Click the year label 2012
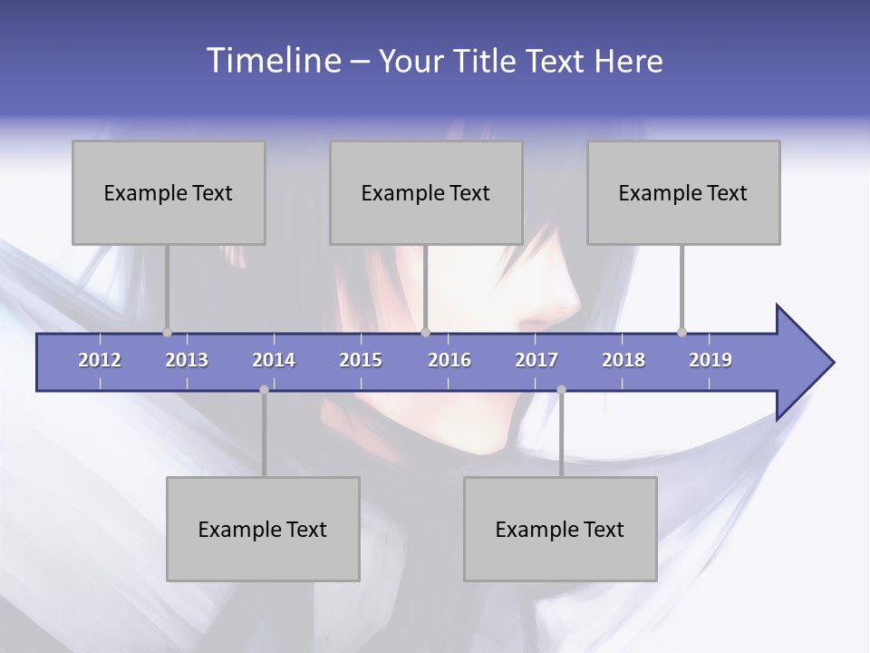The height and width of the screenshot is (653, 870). pyautogui.click(x=100, y=360)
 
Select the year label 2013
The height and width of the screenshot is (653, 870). pyautogui.click(x=187, y=360)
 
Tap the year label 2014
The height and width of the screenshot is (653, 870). pyautogui.click(x=274, y=360)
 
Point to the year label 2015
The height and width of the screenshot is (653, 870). pyautogui.click(x=361, y=360)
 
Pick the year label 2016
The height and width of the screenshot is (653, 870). pyautogui.click(x=449, y=360)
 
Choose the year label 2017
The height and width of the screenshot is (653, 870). pyautogui.click(x=536, y=360)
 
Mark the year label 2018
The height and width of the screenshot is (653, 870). pyautogui.click(x=623, y=360)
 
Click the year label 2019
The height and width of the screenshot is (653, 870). pyautogui.click(x=710, y=360)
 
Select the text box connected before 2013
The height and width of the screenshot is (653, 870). pyautogui.click(x=169, y=192)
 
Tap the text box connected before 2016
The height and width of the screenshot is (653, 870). pyautogui.click(x=426, y=192)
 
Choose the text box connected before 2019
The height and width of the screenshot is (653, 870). pyautogui.click(x=683, y=192)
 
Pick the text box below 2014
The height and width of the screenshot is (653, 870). pyautogui.click(x=263, y=529)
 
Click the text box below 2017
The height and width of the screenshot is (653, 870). pyautogui.click(x=560, y=529)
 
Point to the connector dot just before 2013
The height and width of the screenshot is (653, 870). pyautogui.click(x=167, y=332)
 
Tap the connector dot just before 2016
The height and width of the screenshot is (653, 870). pyautogui.click(x=426, y=332)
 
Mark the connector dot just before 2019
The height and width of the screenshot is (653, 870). pyautogui.click(x=682, y=332)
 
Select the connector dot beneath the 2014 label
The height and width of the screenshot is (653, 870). pyautogui.click(x=264, y=390)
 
